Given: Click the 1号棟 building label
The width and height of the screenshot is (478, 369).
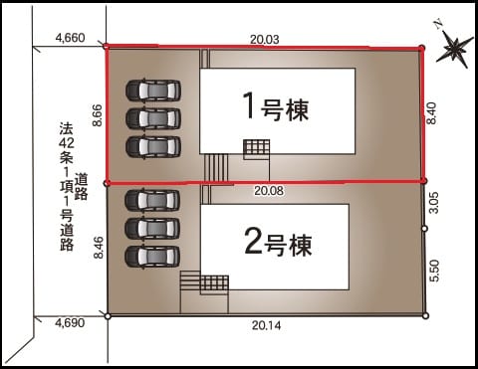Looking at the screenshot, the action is click(276, 106).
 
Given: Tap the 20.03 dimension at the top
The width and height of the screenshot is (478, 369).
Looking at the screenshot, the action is click(265, 40).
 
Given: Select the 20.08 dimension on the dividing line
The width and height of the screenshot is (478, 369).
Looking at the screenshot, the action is click(269, 190).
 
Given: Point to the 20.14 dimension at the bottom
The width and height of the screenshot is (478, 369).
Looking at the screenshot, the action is click(266, 325).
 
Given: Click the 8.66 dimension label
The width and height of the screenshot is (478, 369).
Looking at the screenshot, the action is click(98, 115).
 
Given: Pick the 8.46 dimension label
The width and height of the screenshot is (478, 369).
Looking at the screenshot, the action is click(99, 248).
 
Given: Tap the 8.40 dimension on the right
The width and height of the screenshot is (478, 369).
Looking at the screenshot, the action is click(431, 113).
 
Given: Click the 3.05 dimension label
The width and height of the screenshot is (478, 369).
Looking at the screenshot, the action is click(434, 203).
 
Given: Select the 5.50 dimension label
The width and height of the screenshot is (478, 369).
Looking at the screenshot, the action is click(434, 271).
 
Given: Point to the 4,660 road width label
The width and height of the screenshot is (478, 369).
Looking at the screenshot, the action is click(70, 38).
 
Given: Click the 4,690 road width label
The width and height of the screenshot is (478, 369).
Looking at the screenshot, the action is click(70, 322).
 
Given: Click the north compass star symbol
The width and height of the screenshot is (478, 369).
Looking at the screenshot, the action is click(454, 48).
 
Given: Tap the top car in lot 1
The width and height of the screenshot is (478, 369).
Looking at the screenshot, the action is click(153, 90).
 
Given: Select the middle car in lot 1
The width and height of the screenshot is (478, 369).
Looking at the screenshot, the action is click(153, 118).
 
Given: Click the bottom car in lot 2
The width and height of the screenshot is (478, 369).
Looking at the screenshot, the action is click(152, 257).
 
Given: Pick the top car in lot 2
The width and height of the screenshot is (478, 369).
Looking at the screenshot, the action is click(152, 200).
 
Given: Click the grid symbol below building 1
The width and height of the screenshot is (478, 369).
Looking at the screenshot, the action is click(256, 149).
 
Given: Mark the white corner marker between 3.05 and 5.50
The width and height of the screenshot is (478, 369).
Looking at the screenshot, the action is click(424, 229).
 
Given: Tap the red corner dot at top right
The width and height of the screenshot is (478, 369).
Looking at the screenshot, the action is click(421, 49).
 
